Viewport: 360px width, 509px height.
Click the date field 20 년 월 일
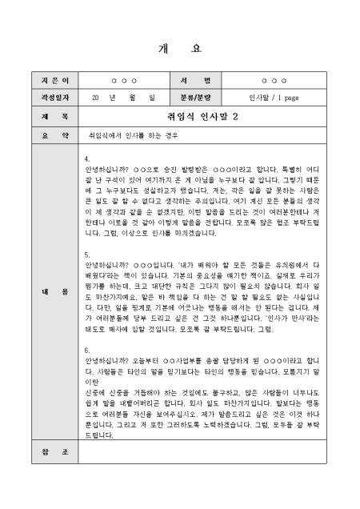(x=123, y=98)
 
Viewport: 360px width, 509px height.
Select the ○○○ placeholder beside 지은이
(x=123, y=82)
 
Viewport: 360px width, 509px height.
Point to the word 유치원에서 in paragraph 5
(x=290, y=263)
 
